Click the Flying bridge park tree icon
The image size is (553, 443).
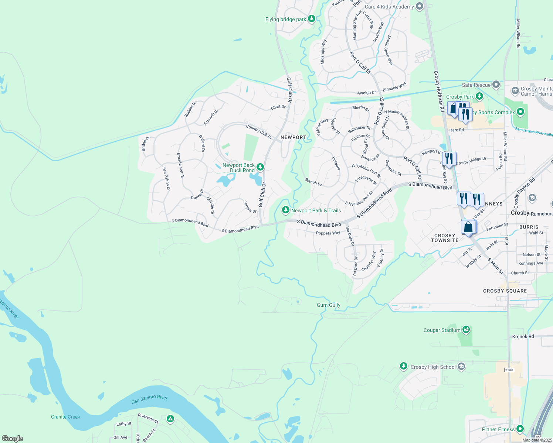[x=312, y=18]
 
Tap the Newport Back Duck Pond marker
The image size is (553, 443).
[x=260, y=167]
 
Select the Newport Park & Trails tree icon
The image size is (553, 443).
[x=285, y=210]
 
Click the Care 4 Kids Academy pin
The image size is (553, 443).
[x=419, y=6]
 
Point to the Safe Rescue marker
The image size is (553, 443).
[x=496, y=85]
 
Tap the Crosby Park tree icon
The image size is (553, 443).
[x=479, y=96]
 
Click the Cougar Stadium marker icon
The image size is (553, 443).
[x=466, y=330]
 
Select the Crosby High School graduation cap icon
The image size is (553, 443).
[x=461, y=367]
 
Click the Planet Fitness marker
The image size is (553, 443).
[x=520, y=429]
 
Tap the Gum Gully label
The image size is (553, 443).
[x=329, y=305]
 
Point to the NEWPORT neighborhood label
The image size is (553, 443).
[x=293, y=137]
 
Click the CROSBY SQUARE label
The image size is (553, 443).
[x=505, y=291]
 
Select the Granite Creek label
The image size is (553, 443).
[x=65, y=417]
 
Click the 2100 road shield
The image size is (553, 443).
[x=509, y=370]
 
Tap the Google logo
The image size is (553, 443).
[x=12, y=439]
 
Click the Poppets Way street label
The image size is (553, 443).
[x=328, y=233]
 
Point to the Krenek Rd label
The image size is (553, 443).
[x=523, y=337]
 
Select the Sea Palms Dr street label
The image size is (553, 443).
[x=166, y=179]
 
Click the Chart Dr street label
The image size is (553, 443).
[x=278, y=107]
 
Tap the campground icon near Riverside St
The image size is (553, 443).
[x=170, y=419]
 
